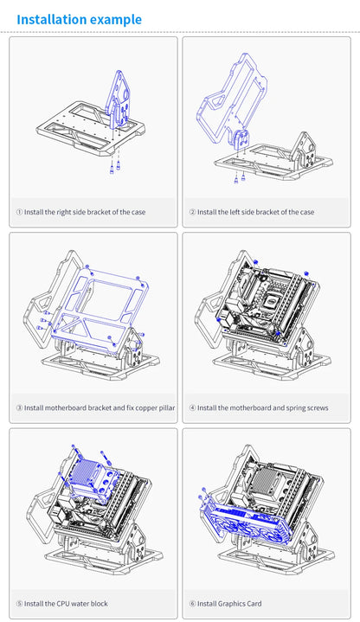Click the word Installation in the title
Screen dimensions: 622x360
(51, 19)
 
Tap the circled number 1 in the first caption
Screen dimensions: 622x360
(19, 212)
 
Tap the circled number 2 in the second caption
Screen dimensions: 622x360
(192, 212)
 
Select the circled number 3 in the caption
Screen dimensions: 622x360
(19, 407)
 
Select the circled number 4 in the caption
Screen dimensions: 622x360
(192, 407)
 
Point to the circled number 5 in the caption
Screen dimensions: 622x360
(19, 604)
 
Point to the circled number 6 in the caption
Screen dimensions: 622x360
(192, 604)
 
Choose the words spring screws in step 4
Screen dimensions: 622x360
(305, 407)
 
